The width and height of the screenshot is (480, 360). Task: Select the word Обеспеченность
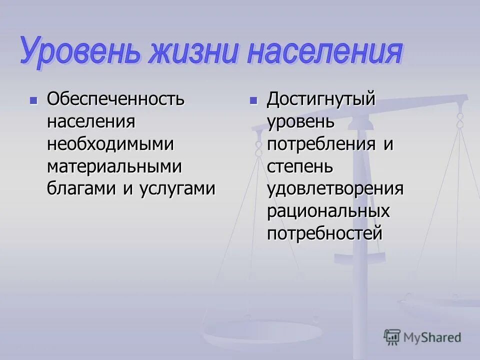116,99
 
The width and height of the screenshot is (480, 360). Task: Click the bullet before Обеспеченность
34,100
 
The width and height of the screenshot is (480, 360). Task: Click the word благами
80,189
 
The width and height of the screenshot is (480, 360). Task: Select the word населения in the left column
91,121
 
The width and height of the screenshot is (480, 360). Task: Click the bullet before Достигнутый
253,100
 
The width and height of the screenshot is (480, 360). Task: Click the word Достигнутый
320,99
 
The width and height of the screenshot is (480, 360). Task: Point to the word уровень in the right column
300,121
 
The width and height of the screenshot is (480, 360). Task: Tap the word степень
299,166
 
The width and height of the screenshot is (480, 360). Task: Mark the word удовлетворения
335,189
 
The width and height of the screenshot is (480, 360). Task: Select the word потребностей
325,233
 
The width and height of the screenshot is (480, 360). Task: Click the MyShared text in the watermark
432,337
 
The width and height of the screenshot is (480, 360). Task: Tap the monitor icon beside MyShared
392,337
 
